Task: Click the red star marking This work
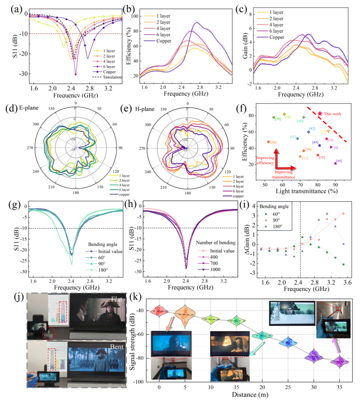pos(320,114)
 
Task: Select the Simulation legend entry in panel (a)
pos(112,77)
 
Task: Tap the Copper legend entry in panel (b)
pos(164,41)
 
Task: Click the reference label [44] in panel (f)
pos(339,161)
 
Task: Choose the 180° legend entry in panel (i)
pos(277,226)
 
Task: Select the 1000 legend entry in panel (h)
pos(215,269)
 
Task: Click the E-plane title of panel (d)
pos(29,108)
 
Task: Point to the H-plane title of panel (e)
pos(144,109)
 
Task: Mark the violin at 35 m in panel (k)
pos(340,361)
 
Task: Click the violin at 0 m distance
pos(159,311)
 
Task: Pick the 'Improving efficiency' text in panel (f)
pos(265,160)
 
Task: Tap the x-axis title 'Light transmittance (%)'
pos(306,191)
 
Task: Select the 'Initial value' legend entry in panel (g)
pos(110,251)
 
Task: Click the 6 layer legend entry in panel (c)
pos(276,31)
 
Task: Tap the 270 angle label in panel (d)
pos(30,148)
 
